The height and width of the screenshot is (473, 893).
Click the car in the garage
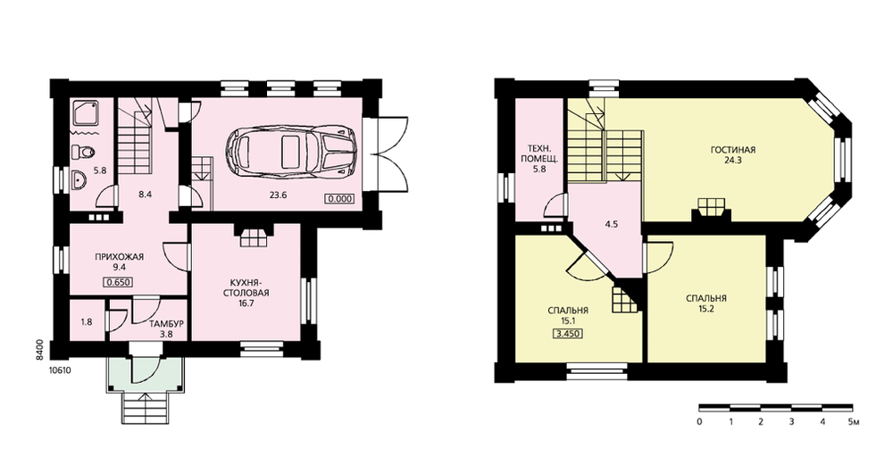point(291,150)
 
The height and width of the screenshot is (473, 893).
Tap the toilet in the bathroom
point(83,152)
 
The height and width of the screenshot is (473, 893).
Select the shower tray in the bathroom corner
point(87,114)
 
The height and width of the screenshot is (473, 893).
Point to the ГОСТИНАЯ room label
point(733,150)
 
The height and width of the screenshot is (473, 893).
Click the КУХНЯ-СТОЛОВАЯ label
point(246,288)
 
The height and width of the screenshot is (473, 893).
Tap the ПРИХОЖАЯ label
point(119,257)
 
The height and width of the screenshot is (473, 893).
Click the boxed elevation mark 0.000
point(339,199)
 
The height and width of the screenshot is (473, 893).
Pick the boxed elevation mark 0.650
point(118,281)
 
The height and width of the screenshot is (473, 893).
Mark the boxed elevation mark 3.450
point(568,334)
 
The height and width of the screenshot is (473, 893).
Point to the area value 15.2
point(706,310)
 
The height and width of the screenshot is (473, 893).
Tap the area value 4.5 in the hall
point(612,224)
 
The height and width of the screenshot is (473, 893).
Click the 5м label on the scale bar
point(853,422)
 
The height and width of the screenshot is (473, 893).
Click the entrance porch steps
point(146,409)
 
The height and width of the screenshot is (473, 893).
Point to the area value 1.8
point(87,321)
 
